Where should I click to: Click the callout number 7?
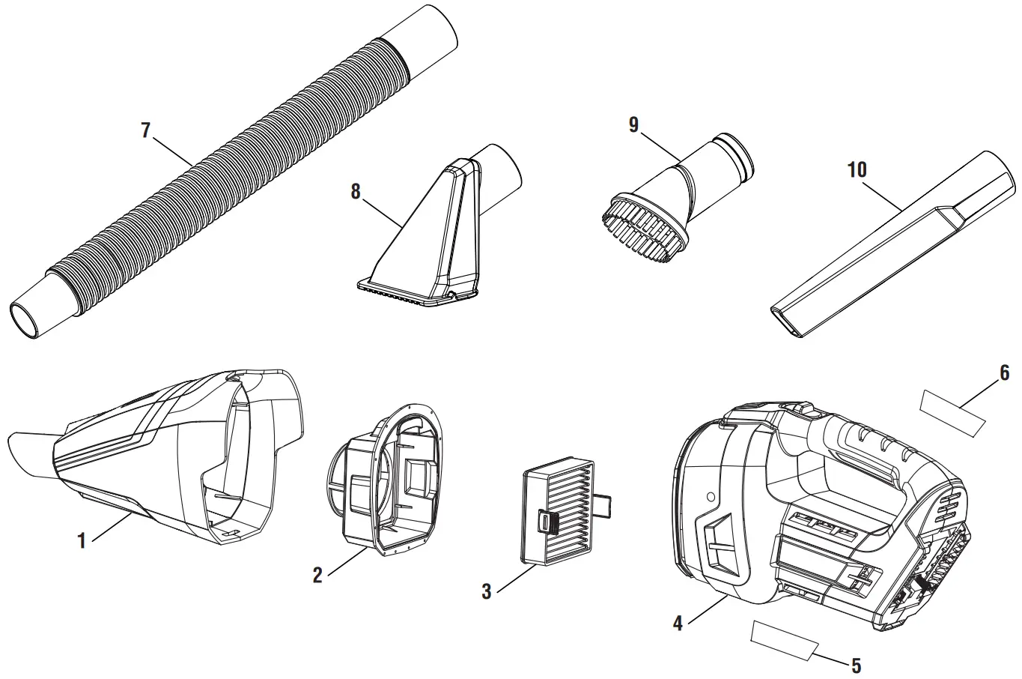point(146,130)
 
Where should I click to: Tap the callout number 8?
point(356,191)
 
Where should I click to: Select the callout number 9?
point(633,125)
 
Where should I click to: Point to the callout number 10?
point(857,170)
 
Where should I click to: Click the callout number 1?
point(82,540)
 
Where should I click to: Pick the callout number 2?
point(317,575)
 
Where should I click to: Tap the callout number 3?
point(487,591)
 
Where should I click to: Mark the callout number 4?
point(678,623)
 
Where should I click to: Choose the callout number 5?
point(856,665)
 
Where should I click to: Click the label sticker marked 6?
point(952,413)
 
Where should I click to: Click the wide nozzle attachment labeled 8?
point(427,240)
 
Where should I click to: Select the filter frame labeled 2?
point(386,480)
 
